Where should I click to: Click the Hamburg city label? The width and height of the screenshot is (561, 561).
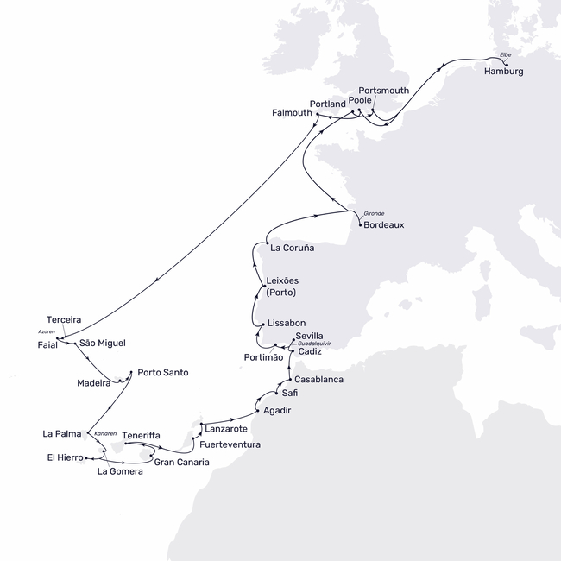click(504, 72)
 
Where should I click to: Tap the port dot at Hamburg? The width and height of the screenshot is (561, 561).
click(506, 64)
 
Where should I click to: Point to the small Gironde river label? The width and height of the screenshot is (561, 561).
click(373, 212)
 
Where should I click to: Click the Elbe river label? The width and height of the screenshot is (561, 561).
click(505, 55)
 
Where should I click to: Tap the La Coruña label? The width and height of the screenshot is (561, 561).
click(292, 248)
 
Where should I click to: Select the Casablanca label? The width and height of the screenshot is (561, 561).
click(319, 379)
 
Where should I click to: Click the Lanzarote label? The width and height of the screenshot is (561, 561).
click(225, 428)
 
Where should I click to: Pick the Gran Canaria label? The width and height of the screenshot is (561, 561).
click(181, 462)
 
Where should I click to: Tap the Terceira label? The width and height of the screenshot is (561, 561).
click(65, 319)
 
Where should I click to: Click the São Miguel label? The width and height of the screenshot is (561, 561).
click(102, 343)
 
